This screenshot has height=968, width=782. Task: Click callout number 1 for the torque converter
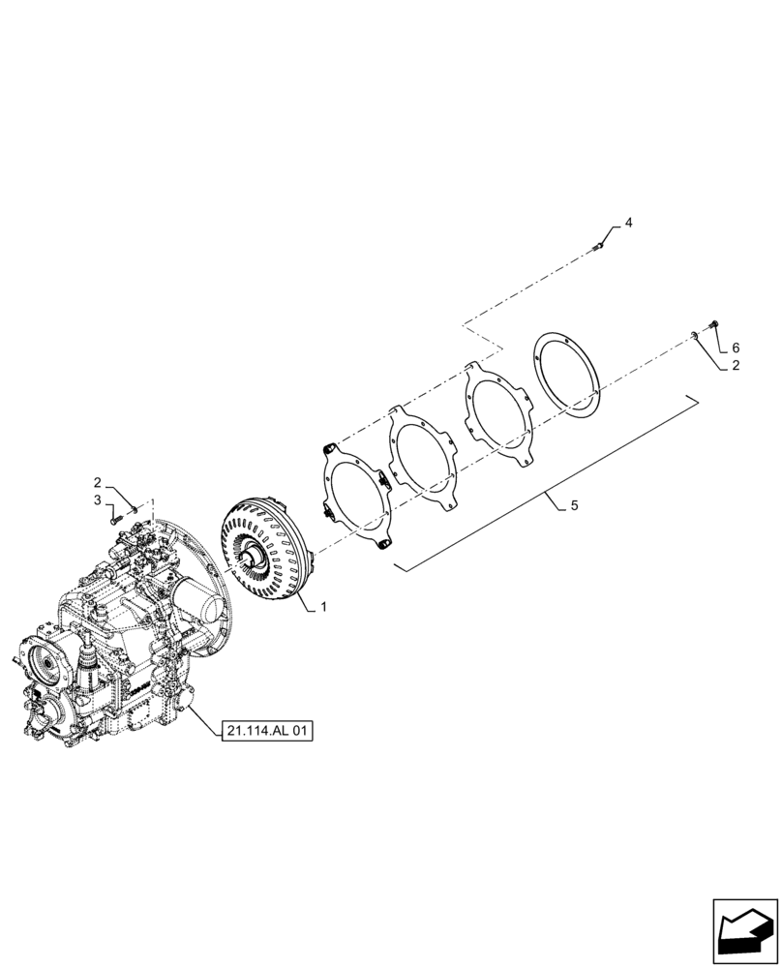[x=323, y=607]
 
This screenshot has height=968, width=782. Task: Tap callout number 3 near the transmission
[x=98, y=499]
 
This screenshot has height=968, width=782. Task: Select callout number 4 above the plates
[x=628, y=223]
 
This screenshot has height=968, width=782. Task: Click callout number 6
[x=735, y=347]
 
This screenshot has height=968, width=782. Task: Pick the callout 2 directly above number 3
[x=98, y=481]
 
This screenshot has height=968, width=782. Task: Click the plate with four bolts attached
[x=357, y=493]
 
